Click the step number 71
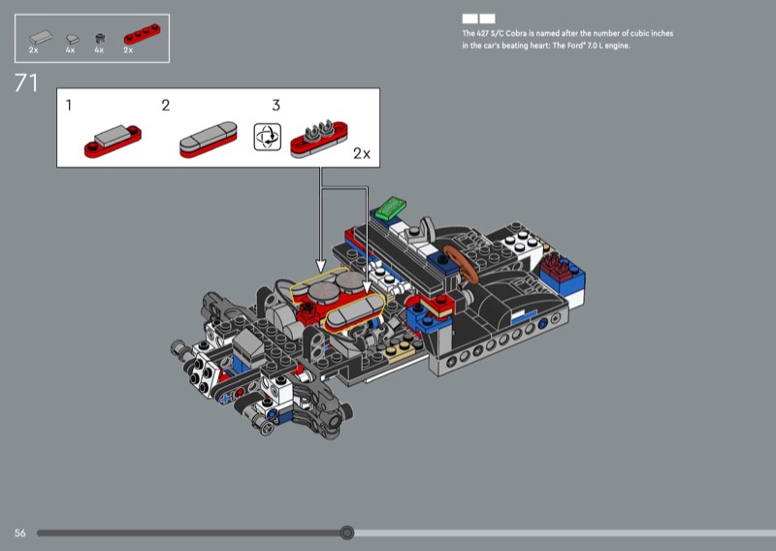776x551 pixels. point(26,83)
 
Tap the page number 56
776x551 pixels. point(19,534)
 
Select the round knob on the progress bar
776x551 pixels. point(347,533)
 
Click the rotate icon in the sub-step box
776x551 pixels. point(266,137)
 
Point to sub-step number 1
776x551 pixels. point(69,105)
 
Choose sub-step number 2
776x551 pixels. point(166,105)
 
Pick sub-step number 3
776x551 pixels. point(275,105)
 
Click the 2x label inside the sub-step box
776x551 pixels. point(362,153)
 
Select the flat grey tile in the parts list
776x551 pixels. point(39,36)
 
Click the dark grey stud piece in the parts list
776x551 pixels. point(99,39)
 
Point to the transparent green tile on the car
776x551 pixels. point(393,207)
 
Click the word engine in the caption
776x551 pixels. point(615,46)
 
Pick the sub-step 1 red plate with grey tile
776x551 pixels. point(113,141)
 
